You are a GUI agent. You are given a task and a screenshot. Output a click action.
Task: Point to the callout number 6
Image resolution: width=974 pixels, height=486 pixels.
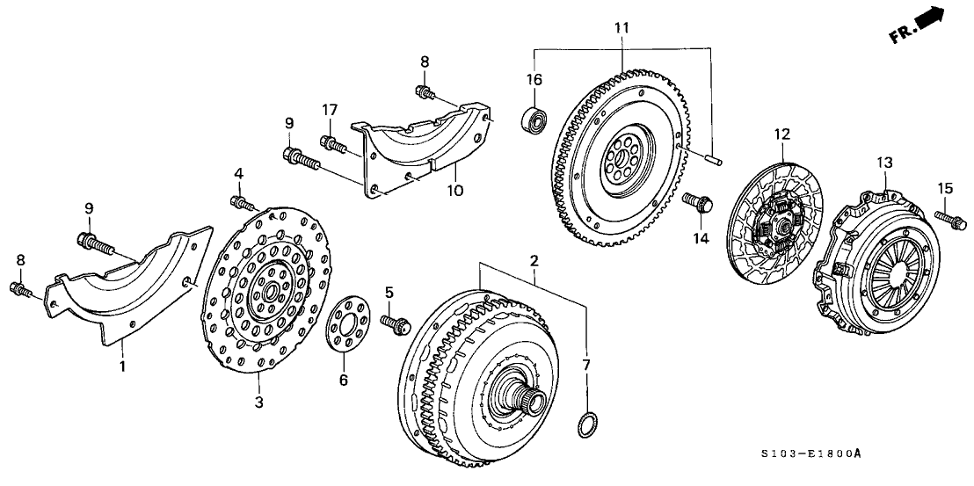(x=344, y=380)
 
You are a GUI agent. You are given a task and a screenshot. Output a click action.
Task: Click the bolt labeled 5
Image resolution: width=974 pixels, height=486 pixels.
(x=395, y=323)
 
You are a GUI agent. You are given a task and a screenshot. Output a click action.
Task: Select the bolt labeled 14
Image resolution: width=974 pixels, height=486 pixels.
(x=699, y=205)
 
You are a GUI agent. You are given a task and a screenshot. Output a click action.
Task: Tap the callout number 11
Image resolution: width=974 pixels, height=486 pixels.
(x=621, y=28)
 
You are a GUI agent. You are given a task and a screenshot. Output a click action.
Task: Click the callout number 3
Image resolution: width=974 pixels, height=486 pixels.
(x=259, y=403)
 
